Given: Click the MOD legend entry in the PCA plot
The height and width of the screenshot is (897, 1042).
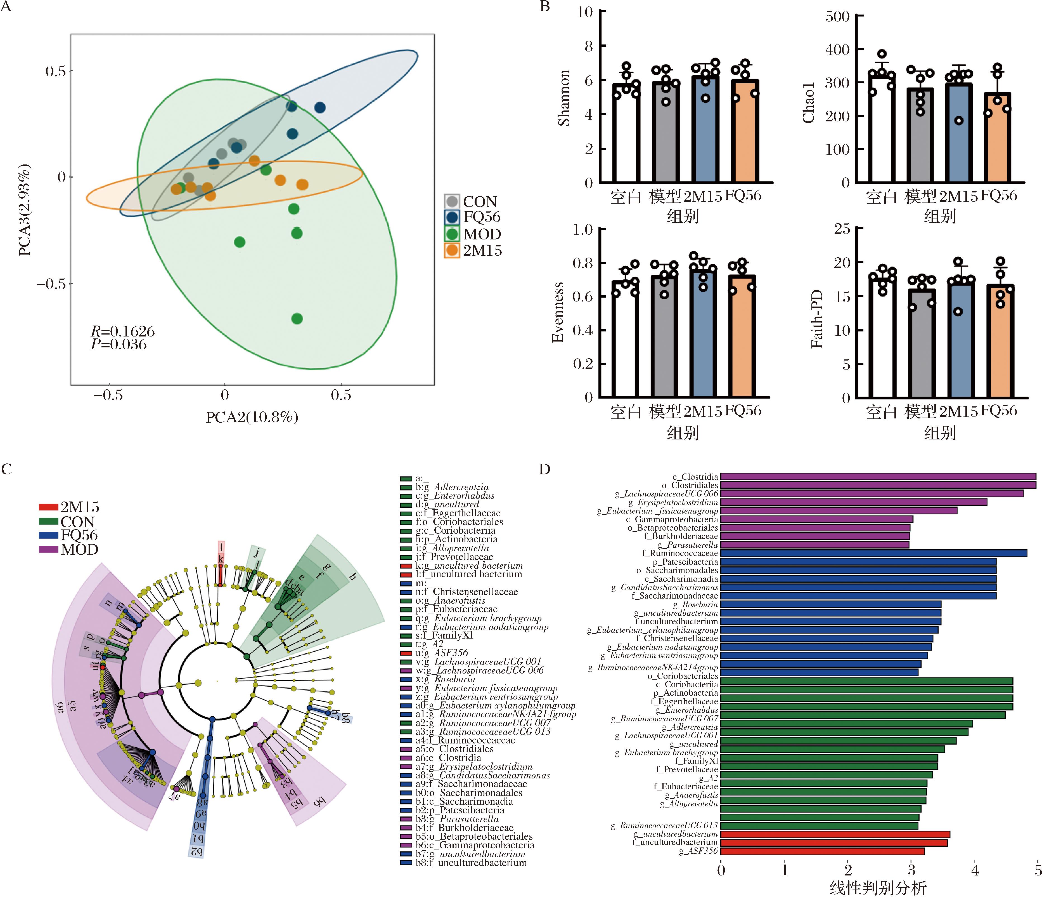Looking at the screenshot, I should (x=473, y=234).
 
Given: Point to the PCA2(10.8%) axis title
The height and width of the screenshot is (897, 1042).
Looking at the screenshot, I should (x=252, y=417).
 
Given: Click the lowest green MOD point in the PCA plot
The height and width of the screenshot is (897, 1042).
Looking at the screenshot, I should (x=297, y=319).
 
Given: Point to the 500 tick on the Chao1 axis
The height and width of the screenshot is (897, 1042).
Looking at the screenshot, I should (x=837, y=17).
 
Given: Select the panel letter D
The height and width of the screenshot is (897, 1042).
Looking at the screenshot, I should (x=545, y=469).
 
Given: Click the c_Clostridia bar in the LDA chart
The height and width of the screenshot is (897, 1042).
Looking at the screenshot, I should (x=878, y=477).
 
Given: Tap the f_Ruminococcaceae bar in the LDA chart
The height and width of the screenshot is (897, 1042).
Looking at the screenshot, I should (x=873, y=553).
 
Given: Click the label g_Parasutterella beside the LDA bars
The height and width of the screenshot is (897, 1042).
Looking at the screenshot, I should (x=688, y=545).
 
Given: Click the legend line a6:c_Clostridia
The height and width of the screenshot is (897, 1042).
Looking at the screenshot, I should (x=447, y=757).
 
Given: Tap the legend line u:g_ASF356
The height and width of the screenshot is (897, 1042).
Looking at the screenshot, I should (x=441, y=653).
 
